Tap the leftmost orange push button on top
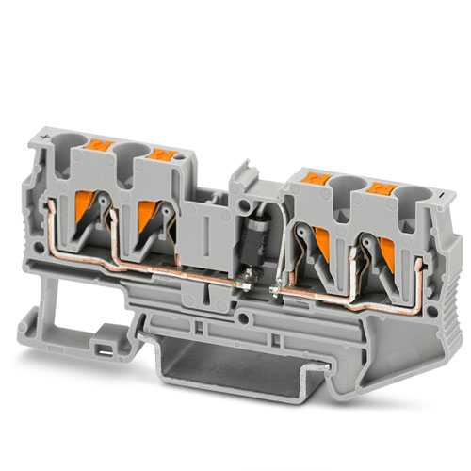tap(100, 149)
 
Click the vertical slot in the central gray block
tap(204, 229)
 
